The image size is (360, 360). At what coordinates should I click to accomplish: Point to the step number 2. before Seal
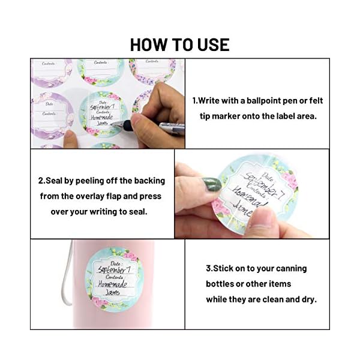click(41, 181)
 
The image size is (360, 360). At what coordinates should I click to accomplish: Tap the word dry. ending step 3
click(307, 299)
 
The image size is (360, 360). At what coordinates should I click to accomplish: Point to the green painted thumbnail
click(211, 184)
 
